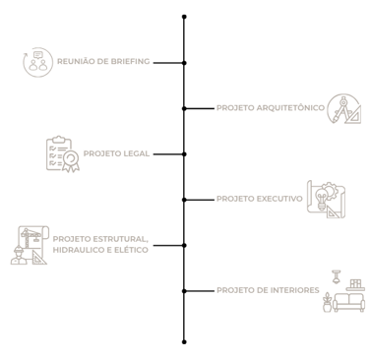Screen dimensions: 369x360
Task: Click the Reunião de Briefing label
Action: (103, 61)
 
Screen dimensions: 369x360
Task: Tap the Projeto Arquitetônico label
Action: (271, 108)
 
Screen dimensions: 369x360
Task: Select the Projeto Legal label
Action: (116, 153)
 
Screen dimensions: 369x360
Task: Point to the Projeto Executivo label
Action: (260, 199)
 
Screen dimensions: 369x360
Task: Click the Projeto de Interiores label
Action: (268, 290)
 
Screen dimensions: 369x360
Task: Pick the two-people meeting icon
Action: (37, 62)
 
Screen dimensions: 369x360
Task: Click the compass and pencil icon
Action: (343, 109)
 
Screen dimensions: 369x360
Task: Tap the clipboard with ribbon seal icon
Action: (63, 153)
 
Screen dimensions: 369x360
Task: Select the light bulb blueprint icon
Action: (326, 199)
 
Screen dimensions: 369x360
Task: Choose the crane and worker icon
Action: (30, 245)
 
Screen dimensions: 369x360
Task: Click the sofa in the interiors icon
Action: (348, 302)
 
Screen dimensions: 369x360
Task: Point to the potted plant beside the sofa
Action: (327, 302)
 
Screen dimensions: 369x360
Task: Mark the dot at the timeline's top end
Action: (184, 17)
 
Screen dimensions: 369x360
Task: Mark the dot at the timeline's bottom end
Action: (184, 342)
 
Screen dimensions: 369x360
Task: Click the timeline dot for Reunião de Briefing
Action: (184, 63)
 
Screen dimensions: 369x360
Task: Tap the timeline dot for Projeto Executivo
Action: (184, 200)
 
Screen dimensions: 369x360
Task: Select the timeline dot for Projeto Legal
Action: (184, 154)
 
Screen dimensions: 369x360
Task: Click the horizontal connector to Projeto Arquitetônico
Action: (199, 108)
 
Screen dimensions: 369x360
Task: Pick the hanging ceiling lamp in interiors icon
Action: (336, 276)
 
